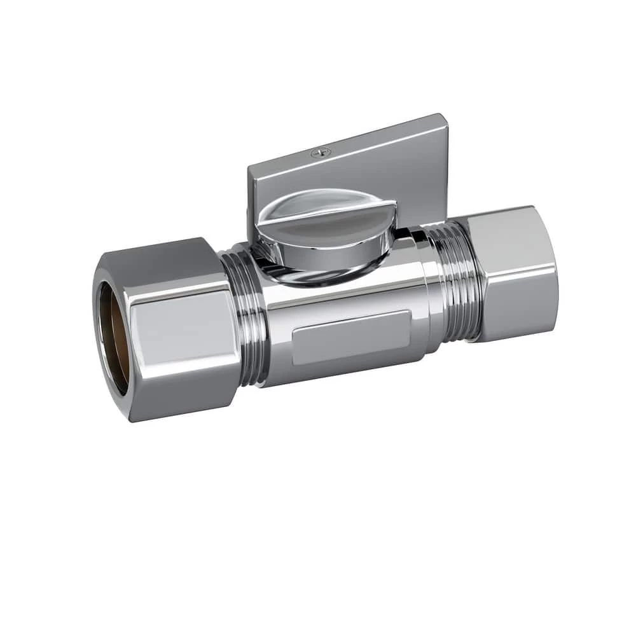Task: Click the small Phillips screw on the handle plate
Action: click(x=321, y=153)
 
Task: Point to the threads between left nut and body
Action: click(x=245, y=318)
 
